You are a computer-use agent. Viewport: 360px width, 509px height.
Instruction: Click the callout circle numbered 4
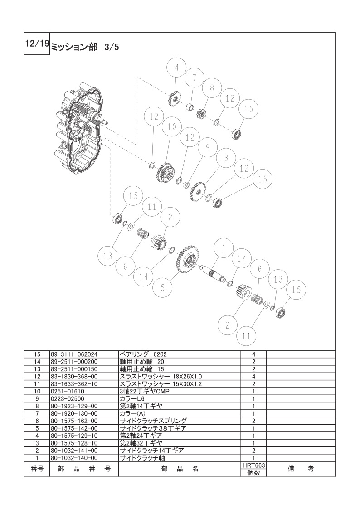[176, 68]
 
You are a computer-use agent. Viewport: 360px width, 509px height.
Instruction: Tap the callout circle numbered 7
[195, 78]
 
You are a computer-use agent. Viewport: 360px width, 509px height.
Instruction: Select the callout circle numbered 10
[172, 126]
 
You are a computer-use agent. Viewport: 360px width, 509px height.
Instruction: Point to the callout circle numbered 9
[208, 148]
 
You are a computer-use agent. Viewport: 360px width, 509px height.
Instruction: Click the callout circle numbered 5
[163, 288]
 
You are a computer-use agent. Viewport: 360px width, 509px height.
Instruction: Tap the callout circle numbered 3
[226, 158]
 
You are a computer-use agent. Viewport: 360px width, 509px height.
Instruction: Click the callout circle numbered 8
[212, 88]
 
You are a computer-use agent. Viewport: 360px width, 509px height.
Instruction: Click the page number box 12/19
[37, 44]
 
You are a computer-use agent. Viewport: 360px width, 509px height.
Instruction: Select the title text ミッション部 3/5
[85, 48]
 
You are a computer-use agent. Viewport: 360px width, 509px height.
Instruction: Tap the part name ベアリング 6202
[143, 354]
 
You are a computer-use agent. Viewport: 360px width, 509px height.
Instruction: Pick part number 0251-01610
[67, 391]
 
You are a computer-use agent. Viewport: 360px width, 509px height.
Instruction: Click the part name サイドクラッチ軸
[142, 458]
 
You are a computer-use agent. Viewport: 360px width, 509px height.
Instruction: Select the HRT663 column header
[253, 465]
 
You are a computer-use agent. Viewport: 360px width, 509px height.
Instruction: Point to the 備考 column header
[301, 469]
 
